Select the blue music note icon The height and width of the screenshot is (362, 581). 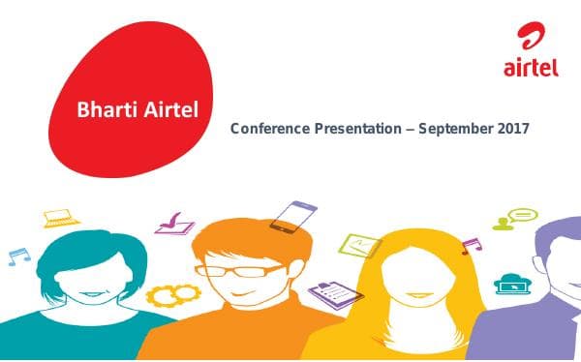(x=16, y=256)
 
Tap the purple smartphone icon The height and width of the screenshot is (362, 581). (x=292, y=217)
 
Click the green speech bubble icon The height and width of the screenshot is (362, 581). (x=521, y=216)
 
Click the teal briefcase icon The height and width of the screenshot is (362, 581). (x=509, y=284)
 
